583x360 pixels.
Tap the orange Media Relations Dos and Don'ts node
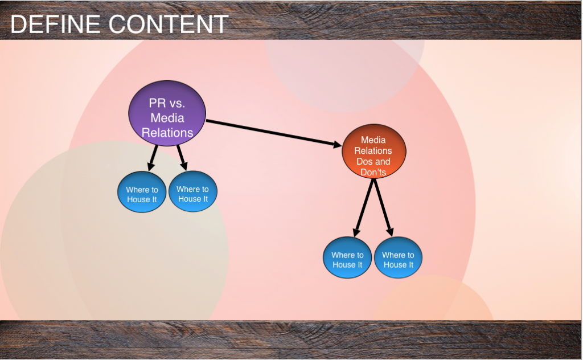373,151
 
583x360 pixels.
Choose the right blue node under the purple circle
193,194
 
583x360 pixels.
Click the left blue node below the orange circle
347,260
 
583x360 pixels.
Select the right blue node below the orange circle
398,260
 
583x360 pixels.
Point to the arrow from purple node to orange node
270,134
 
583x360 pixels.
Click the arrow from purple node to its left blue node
153,157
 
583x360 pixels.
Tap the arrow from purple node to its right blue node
182,157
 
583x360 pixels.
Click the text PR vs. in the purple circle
167,103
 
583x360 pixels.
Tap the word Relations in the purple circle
167,133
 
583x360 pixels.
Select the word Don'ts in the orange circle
373,172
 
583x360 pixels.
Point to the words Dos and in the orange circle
373,162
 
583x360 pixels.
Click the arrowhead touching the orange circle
336,146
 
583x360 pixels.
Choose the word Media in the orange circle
373,140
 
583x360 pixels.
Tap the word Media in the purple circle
167,118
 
